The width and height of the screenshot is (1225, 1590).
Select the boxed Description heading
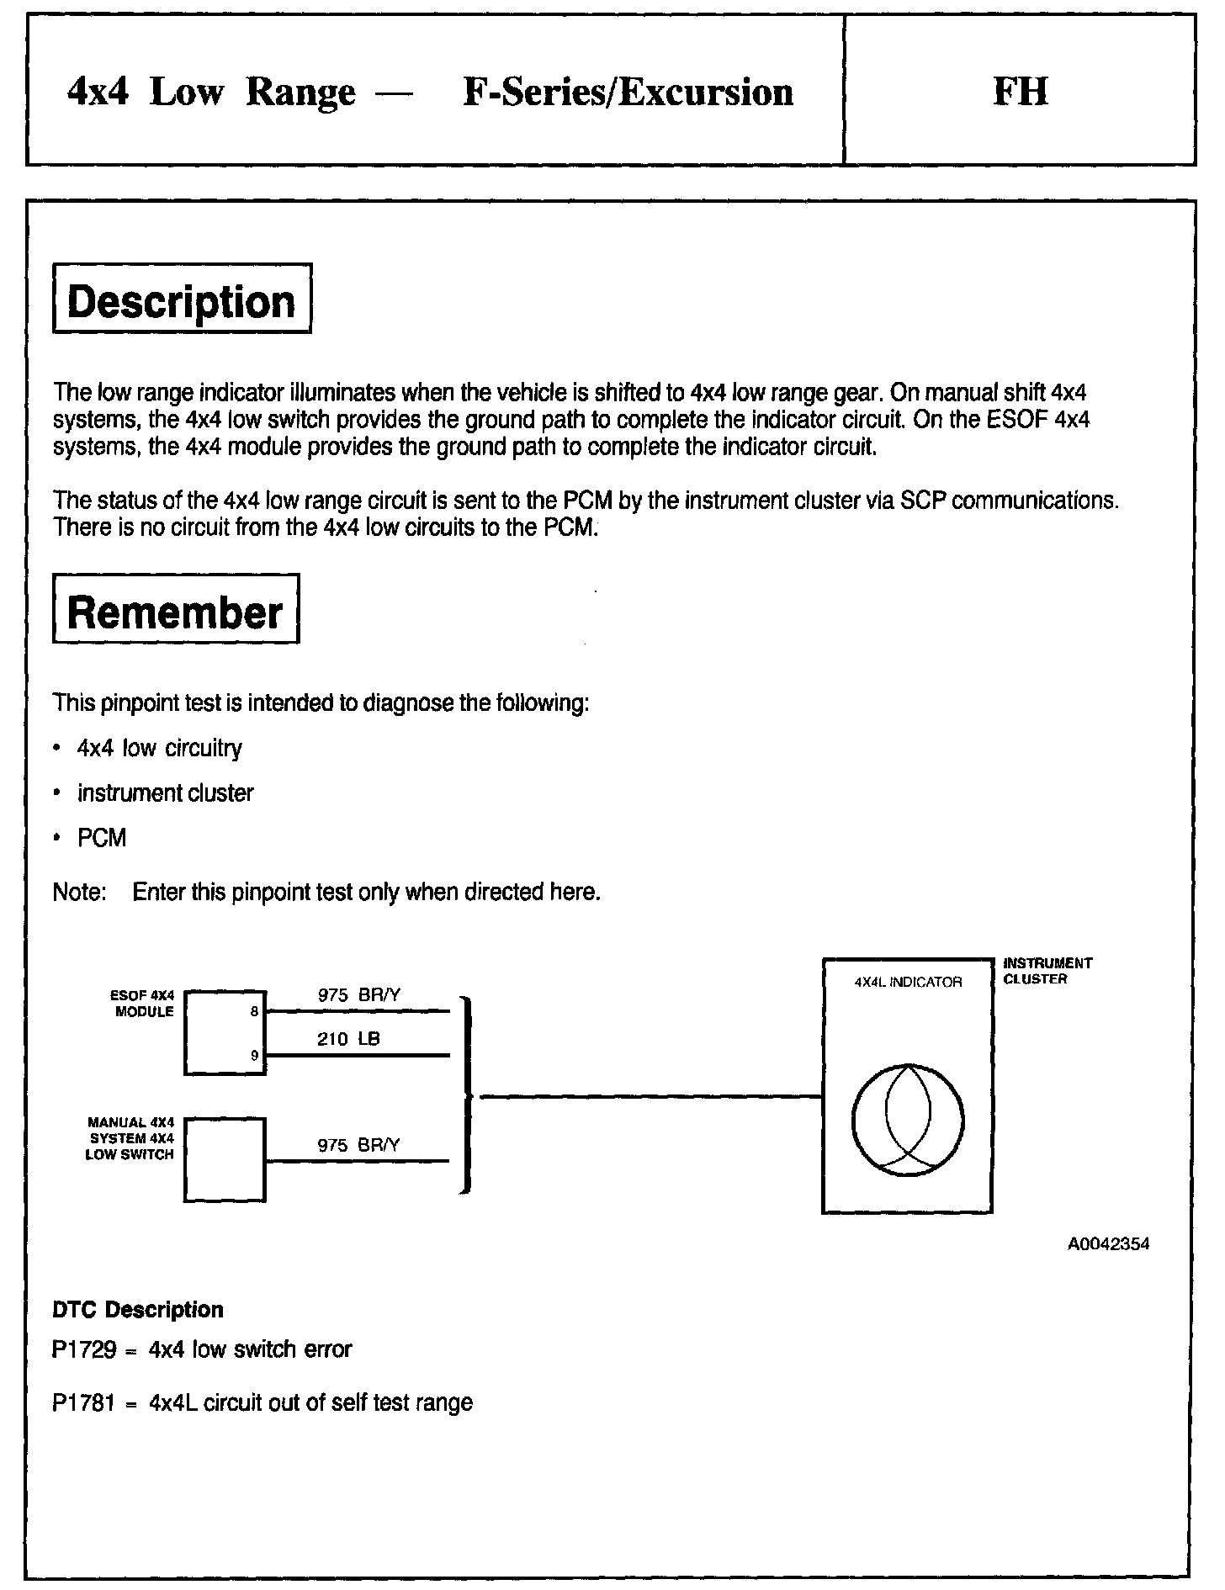click(182, 299)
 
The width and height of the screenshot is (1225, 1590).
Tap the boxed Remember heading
click(175, 609)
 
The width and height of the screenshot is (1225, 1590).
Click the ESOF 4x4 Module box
click(224, 1032)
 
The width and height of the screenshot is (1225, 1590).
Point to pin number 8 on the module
click(254, 1012)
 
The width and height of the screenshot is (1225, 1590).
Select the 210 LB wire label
click(348, 1039)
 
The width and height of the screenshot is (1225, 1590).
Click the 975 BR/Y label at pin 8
click(359, 995)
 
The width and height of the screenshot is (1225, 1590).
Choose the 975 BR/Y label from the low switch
click(359, 1145)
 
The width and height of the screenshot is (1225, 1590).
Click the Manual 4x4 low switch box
click(224, 1159)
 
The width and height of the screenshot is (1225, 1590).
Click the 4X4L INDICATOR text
click(908, 982)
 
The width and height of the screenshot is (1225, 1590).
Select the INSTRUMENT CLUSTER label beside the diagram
click(1047, 971)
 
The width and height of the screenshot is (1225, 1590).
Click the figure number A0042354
click(1108, 1244)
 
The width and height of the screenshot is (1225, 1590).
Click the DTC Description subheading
click(138, 1310)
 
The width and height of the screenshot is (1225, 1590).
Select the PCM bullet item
click(102, 838)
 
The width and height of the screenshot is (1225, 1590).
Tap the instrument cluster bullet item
click(165, 793)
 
